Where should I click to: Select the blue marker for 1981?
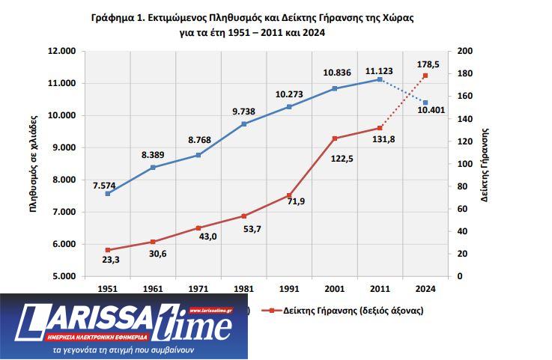click(x=243, y=123)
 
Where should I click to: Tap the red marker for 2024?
click(x=425, y=76)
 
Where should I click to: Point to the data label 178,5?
click(x=428, y=65)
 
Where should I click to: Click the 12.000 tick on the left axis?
click(x=62, y=52)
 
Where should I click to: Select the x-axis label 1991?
click(x=289, y=288)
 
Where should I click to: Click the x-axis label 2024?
click(x=425, y=288)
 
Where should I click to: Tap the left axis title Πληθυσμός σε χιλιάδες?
click(x=33, y=163)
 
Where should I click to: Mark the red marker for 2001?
click(x=335, y=138)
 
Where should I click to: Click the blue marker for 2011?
click(x=380, y=79)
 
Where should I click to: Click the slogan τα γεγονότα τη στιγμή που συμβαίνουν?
click(x=124, y=350)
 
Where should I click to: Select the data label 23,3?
click(x=107, y=260)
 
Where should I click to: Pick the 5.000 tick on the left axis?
click(x=64, y=276)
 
